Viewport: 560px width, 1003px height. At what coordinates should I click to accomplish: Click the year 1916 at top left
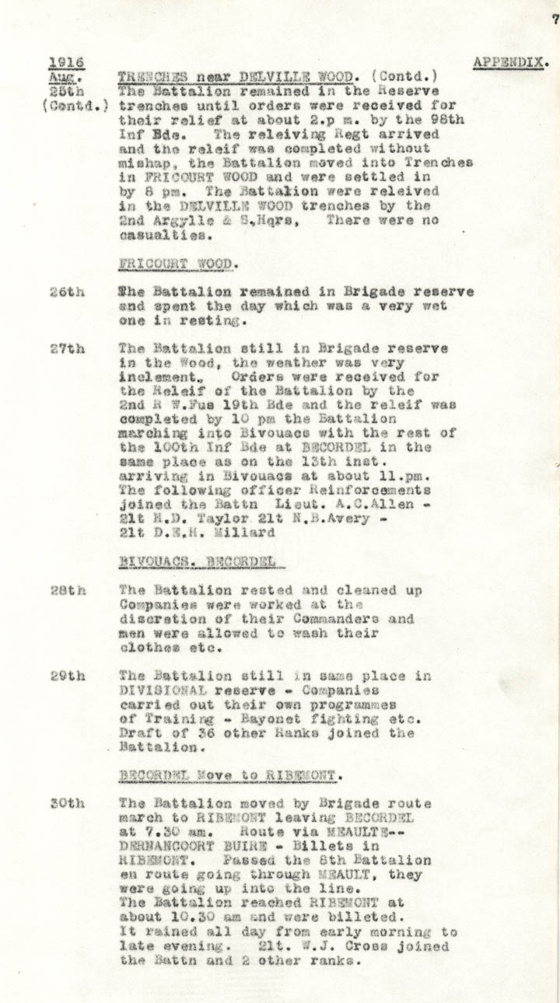coord(66,63)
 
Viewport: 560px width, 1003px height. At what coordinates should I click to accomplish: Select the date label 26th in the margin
coord(67,292)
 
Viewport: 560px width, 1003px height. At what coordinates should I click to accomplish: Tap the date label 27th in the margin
coord(67,348)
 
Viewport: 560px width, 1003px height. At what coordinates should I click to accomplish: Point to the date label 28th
coord(67,591)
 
